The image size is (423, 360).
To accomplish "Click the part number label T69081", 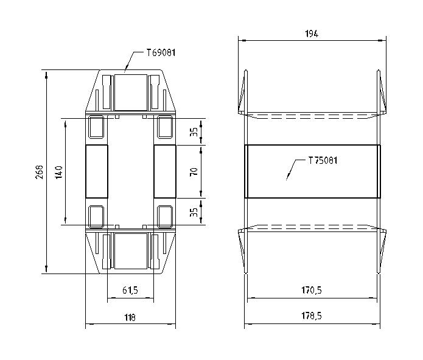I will pos(161,53).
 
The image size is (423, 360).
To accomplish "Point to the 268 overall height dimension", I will pos(40,172).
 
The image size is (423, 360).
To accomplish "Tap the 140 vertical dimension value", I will pos(58,172).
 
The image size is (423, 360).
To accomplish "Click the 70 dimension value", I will pos(194,172).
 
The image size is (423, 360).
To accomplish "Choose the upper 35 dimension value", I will pos(194,132).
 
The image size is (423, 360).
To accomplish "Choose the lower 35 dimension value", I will pos(194,212).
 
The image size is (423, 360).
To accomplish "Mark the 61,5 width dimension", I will pos(130,291).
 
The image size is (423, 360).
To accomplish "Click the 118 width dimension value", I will pos(130,317).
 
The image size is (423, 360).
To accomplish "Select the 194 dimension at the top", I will pos(312,34).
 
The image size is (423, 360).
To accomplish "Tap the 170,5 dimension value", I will pos(312,291).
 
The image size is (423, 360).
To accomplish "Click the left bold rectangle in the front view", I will pos(96,172).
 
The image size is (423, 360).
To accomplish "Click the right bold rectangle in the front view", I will pos(164,172).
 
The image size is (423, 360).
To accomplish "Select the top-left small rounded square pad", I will pos(96,127).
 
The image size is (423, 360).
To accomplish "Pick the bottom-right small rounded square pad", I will pos(164,216).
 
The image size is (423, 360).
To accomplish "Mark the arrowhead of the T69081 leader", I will pos(124,71).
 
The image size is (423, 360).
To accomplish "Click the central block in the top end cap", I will pos(130,91).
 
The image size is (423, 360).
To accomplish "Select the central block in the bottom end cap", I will pos(130,251).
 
